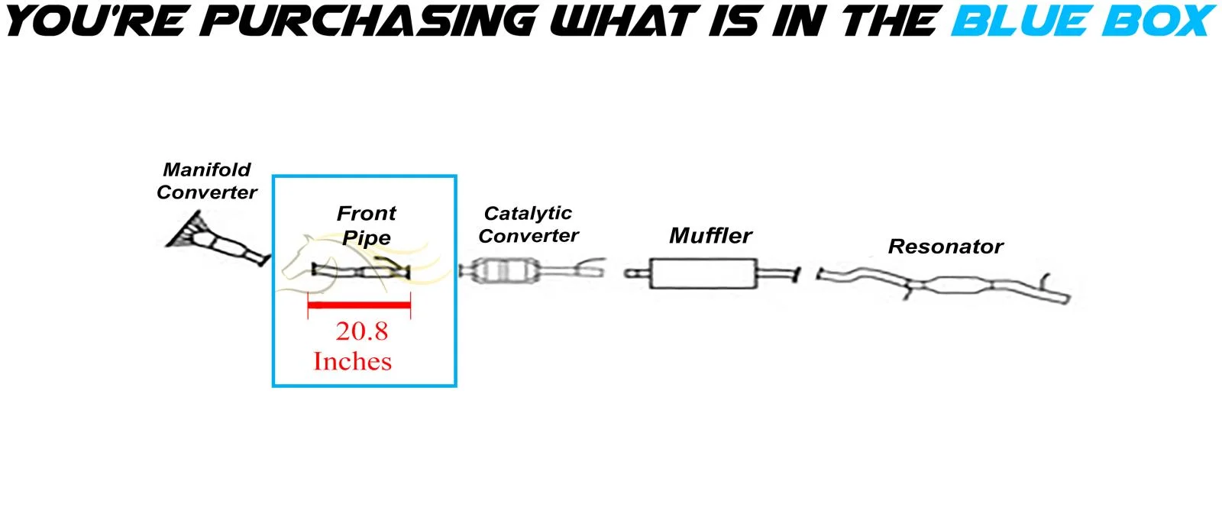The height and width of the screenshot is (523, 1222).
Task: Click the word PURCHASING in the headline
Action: (370, 21)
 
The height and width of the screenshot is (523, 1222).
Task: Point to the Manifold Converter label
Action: (206, 181)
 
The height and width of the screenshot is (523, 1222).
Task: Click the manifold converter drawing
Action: (218, 241)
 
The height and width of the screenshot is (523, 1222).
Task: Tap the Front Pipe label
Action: (367, 224)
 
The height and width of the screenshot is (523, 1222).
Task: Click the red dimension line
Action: (359, 305)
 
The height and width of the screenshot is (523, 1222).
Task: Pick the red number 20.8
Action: (362, 331)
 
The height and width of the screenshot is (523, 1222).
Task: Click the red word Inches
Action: (352, 361)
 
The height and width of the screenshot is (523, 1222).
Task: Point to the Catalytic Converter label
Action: (529, 224)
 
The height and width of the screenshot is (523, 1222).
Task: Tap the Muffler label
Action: (710, 235)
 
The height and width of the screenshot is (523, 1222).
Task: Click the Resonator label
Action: (946, 247)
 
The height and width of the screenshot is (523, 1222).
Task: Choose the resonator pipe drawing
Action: (955, 286)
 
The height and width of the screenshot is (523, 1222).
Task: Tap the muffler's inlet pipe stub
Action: (636, 273)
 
